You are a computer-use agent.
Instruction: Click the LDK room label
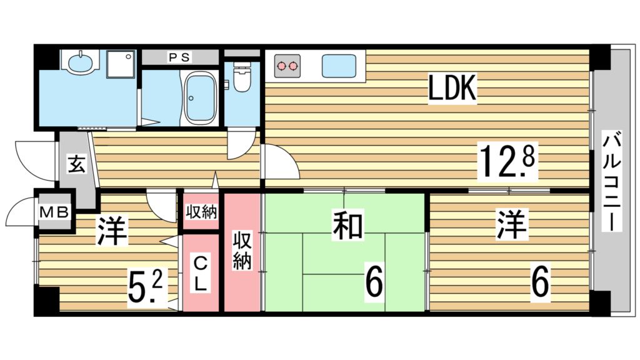452,87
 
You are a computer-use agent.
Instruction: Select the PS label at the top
179,57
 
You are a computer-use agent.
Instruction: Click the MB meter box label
55,212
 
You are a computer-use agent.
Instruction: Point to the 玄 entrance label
77,164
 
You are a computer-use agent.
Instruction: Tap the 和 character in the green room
347,226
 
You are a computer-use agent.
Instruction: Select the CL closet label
199,273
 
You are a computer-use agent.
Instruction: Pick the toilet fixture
242,77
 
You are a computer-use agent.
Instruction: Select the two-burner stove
287,66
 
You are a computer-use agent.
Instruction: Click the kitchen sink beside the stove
338,66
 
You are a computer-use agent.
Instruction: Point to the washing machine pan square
121,64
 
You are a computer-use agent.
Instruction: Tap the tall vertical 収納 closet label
242,251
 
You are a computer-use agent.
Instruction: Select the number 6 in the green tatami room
374,283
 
